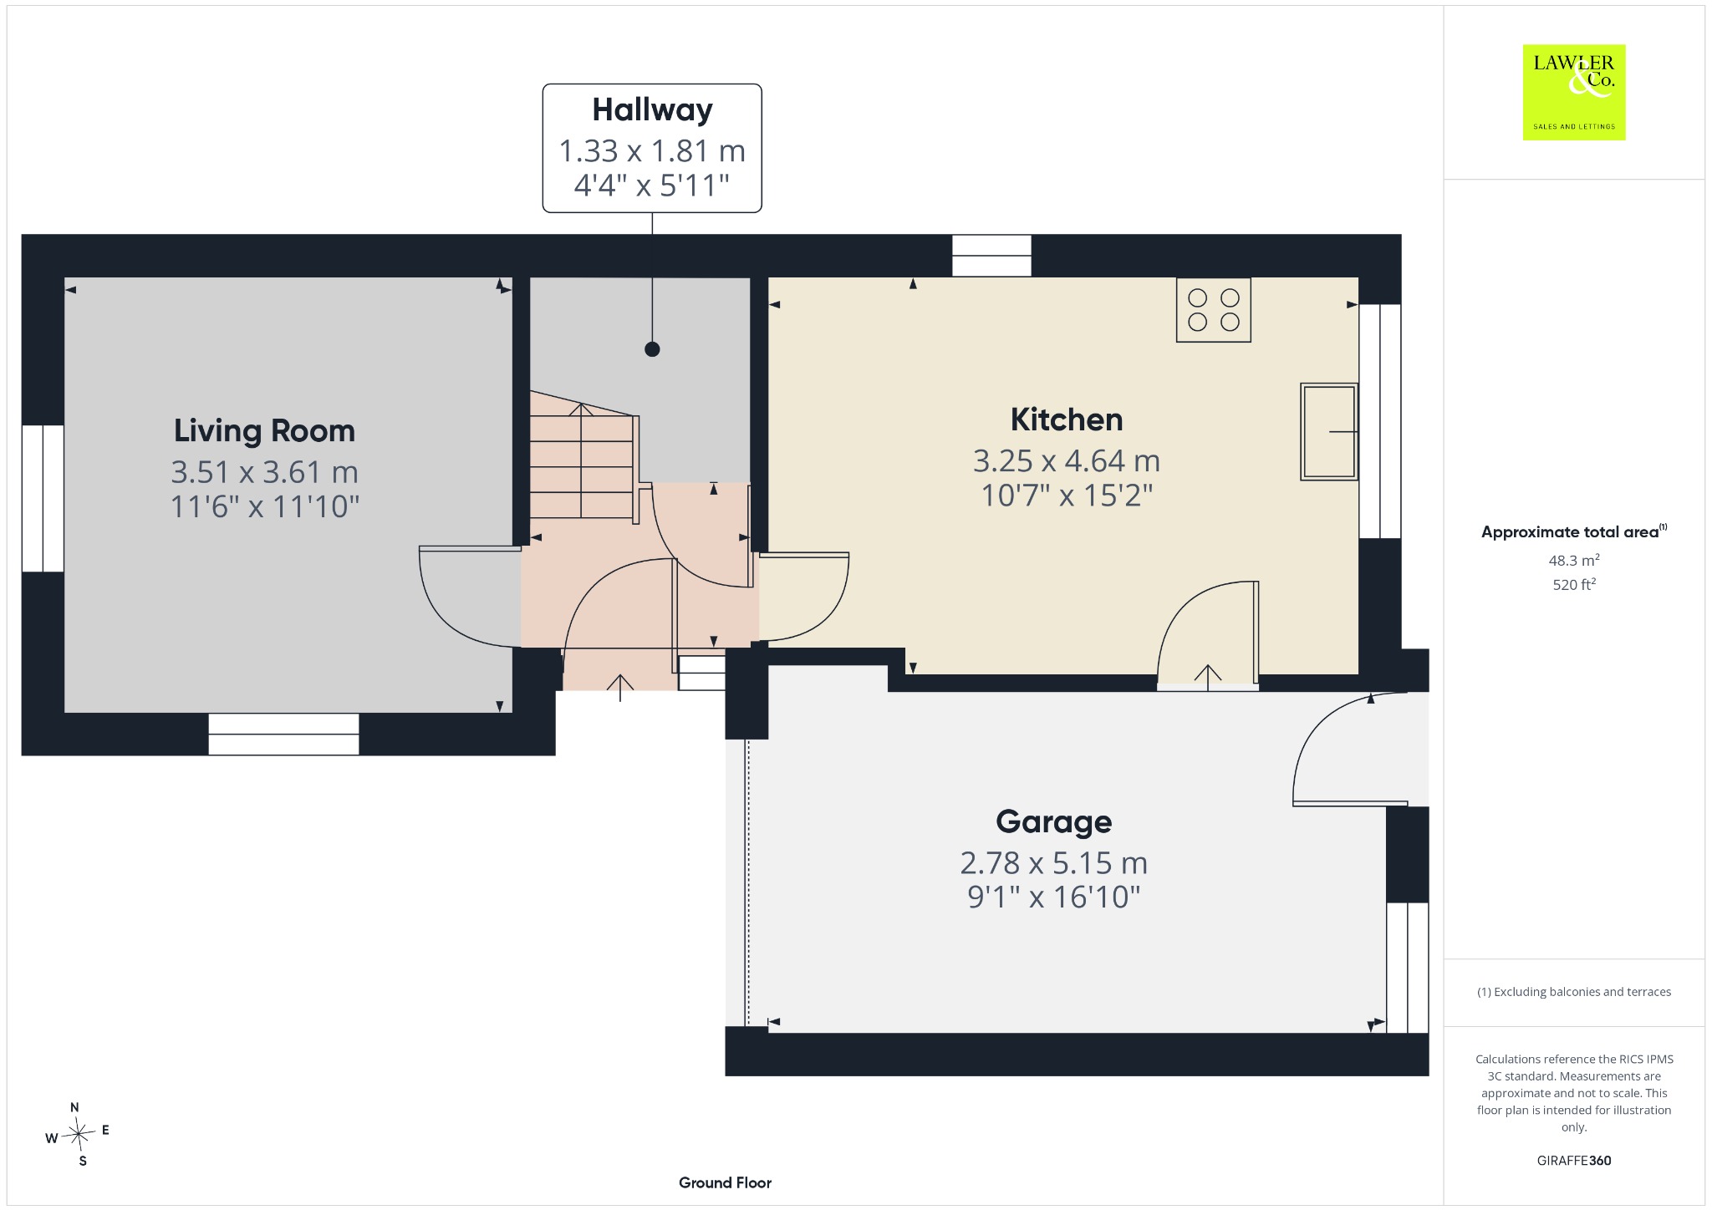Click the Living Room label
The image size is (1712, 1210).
point(264,431)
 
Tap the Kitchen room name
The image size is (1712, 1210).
point(1067,419)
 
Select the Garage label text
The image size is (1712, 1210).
point(1053,822)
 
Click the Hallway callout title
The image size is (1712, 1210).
point(652,110)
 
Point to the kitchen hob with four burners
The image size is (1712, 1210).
point(1213,310)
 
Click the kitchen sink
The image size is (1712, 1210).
point(1328,431)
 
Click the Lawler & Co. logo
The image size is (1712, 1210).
point(1574,92)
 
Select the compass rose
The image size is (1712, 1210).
point(77,1134)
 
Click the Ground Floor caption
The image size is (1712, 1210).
point(725,1182)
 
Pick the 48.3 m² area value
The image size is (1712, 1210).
point(1574,560)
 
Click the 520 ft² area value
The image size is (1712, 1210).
point(1574,584)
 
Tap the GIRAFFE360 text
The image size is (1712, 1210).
point(1574,1160)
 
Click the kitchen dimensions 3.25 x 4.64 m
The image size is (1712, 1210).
point(1067,460)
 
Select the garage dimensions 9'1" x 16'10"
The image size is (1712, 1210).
point(1053,897)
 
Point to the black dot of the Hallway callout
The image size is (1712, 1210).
point(652,349)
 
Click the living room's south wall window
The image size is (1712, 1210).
point(283,735)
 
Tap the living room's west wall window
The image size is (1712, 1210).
point(43,499)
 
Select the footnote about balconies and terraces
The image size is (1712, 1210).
point(1574,992)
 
